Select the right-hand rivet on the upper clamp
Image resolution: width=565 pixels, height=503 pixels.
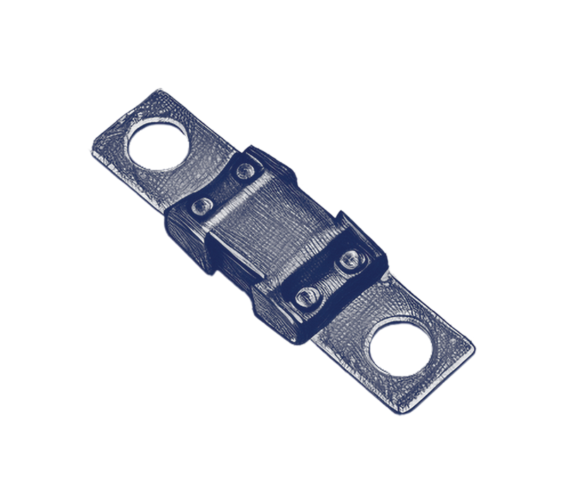pyautogui.click(x=245, y=170)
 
